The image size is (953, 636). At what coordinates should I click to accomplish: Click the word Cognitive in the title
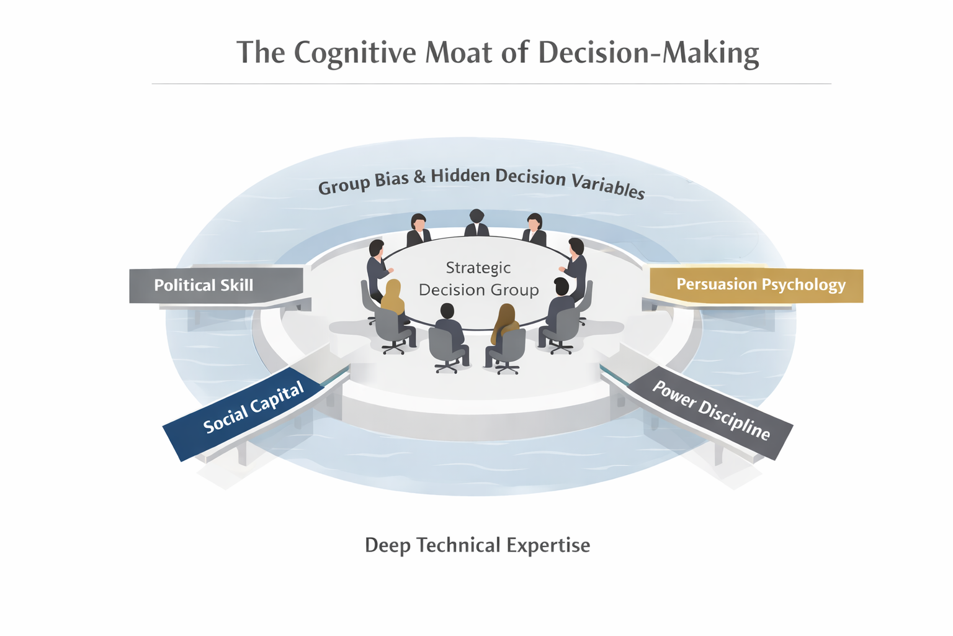coord(354,53)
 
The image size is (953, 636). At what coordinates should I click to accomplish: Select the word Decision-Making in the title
coord(648,53)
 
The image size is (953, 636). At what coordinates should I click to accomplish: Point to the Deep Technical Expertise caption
coord(477,545)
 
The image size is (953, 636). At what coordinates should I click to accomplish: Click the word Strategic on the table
coord(478,268)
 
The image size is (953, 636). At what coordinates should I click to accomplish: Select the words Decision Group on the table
coord(478,290)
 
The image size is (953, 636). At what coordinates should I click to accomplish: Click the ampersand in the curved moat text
coord(419,177)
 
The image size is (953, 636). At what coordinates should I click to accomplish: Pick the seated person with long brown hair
coord(505,323)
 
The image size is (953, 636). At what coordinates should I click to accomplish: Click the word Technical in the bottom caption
coord(459,545)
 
